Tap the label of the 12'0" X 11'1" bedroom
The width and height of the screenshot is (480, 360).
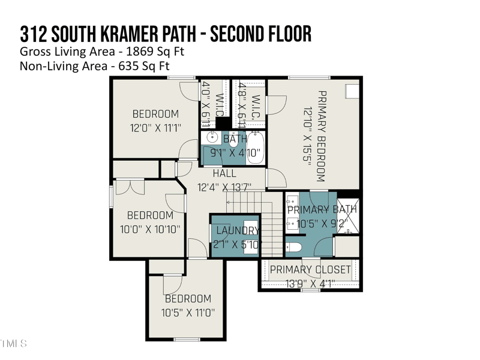(x=155, y=114)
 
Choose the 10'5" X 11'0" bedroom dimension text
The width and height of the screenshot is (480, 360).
(x=188, y=313)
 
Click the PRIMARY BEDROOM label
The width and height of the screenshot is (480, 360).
(x=321, y=137)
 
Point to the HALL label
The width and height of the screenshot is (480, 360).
(x=224, y=173)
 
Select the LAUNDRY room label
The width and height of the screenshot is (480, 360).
(x=236, y=230)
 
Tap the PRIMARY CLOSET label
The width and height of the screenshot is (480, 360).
(x=310, y=270)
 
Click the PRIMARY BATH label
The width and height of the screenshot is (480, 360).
(x=322, y=209)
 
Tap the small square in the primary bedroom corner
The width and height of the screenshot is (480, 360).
(x=351, y=90)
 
